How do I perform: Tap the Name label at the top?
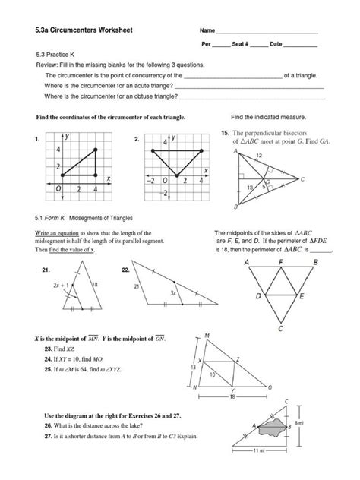[207, 30]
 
